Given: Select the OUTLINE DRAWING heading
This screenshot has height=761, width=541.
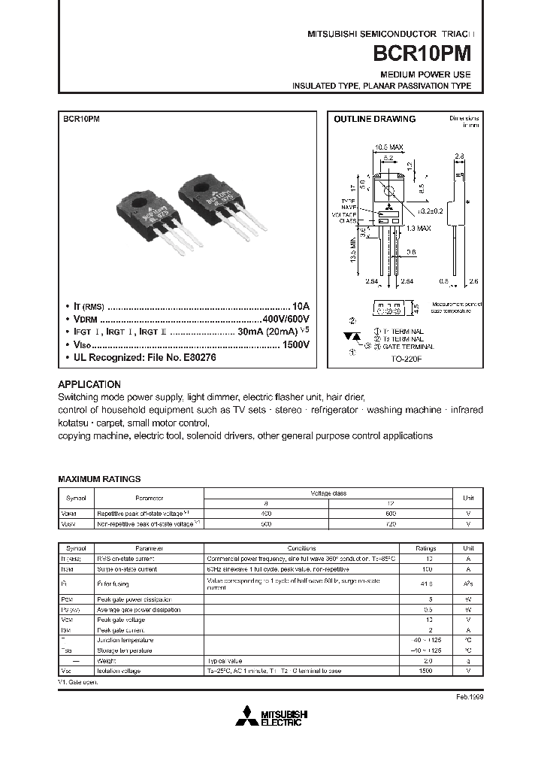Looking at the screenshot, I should pos(374,119).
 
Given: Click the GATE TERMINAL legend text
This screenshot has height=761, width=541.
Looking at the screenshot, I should pos(408,347).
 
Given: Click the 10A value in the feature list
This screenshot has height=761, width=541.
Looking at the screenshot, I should pos(301,307).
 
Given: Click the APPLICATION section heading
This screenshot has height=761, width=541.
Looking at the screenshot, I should pos(89,384).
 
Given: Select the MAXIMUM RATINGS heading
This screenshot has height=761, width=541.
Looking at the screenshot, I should pos(99,479).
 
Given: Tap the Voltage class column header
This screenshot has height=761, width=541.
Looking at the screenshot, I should pos(328,493).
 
